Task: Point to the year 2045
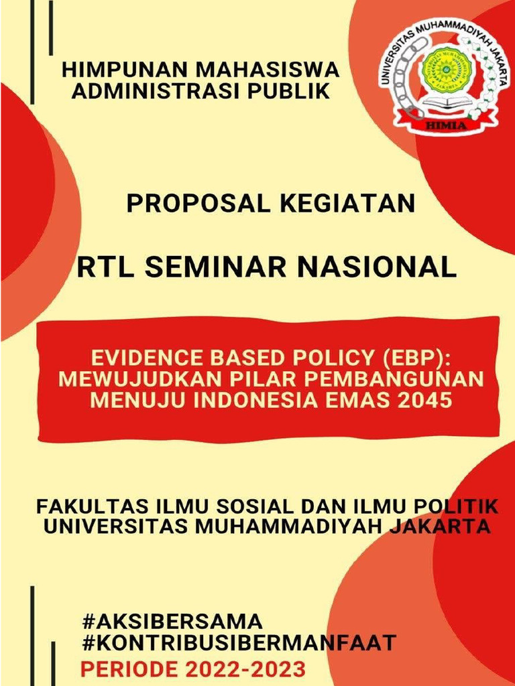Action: [424, 401]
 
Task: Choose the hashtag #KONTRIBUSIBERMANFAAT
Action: [239, 643]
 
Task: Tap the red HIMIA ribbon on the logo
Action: [445, 125]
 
